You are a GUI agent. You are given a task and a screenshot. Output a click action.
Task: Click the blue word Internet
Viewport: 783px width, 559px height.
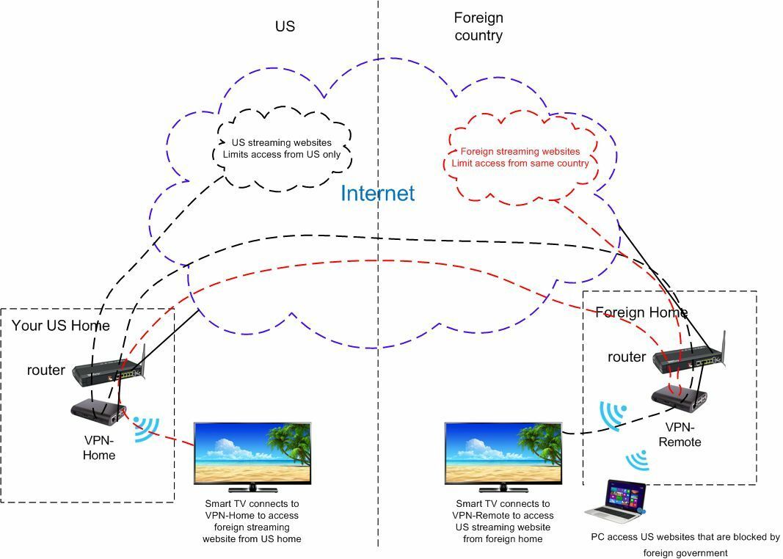[377, 193]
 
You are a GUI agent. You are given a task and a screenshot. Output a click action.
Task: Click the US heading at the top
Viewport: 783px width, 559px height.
[285, 26]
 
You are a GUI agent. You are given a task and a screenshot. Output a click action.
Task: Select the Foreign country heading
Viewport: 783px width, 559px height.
[478, 26]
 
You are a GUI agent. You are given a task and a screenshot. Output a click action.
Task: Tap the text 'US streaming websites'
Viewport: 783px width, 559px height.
[282, 143]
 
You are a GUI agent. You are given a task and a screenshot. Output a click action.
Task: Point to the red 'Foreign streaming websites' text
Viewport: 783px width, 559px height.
[520, 151]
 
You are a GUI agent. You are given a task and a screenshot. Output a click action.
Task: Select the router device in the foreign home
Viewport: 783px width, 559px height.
[690, 358]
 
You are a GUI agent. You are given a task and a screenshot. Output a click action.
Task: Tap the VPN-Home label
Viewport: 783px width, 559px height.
[99, 447]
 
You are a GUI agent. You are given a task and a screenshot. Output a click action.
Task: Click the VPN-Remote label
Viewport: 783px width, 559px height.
[680, 435]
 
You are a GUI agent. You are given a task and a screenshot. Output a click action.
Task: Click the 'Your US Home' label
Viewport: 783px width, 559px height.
[60, 326]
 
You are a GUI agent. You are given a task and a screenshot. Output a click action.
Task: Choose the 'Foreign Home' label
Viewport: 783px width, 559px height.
[641, 313]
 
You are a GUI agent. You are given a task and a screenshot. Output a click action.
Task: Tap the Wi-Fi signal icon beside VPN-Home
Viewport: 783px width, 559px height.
[147, 428]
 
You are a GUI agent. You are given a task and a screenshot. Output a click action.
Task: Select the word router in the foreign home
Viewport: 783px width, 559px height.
[627, 357]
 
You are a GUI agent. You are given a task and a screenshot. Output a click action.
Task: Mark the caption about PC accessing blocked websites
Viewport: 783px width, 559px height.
[685, 545]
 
